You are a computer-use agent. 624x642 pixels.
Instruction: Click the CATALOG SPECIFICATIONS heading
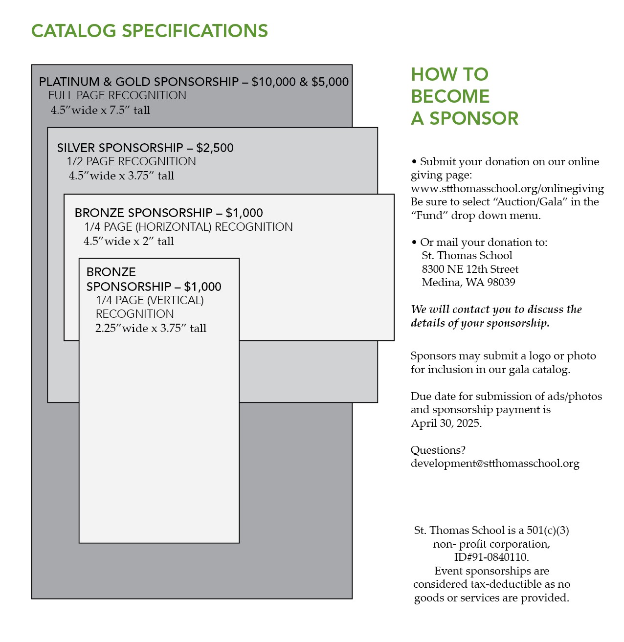point(149,31)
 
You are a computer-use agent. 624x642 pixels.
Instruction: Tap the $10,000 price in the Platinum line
point(273,82)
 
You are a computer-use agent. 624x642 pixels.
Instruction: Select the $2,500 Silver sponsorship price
point(215,148)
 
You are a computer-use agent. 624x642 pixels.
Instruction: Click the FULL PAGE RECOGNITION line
point(117,95)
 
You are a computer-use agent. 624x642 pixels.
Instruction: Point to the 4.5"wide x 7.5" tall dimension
point(100,110)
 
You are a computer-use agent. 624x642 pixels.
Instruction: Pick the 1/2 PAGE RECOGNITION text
point(131,161)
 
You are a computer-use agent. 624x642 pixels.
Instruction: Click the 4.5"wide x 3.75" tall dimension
point(121,176)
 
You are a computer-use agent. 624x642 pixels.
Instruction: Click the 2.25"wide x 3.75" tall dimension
point(151,328)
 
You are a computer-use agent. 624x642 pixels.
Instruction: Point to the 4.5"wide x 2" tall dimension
point(128,241)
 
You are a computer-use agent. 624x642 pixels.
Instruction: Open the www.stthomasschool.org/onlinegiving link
point(507,188)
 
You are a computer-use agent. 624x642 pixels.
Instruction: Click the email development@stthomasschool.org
point(494,464)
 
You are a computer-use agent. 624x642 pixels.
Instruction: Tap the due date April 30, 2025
point(446,423)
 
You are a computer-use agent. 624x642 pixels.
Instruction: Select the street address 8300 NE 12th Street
point(470,269)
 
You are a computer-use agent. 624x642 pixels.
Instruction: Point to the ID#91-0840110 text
point(491,557)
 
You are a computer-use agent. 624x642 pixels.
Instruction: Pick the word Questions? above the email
point(438,450)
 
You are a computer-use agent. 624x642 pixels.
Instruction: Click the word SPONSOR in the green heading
point(473,118)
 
